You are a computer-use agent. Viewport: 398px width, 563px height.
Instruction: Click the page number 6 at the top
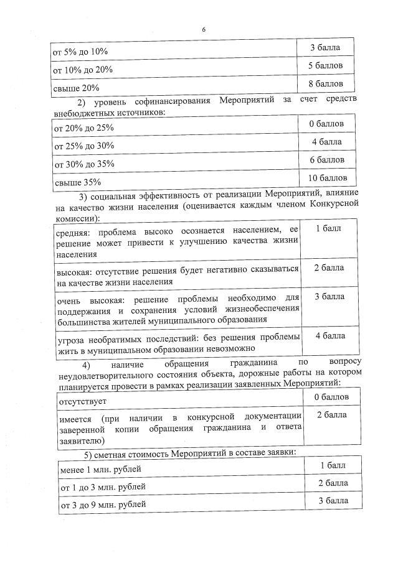point(203,30)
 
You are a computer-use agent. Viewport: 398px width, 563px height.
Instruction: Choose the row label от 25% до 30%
point(84,146)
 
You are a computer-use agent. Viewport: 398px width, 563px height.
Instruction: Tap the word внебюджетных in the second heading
point(80,113)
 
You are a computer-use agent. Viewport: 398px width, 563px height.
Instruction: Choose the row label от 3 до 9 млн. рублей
point(102,504)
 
